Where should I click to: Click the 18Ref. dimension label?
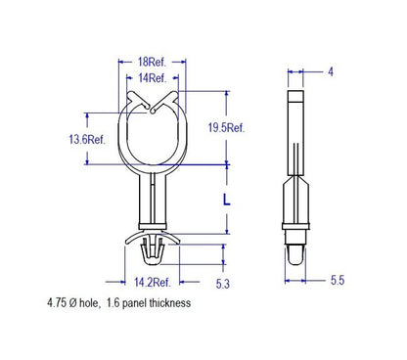[152, 62]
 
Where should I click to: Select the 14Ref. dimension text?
[153, 78]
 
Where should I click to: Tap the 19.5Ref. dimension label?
[226, 127]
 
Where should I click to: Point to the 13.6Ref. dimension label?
[87, 140]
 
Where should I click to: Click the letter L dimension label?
[227, 200]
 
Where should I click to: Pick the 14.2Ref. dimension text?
[153, 282]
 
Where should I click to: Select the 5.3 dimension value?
[223, 284]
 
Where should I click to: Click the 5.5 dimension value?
[338, 280]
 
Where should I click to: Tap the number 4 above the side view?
[331, 71]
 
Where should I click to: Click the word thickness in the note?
[170, 303]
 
